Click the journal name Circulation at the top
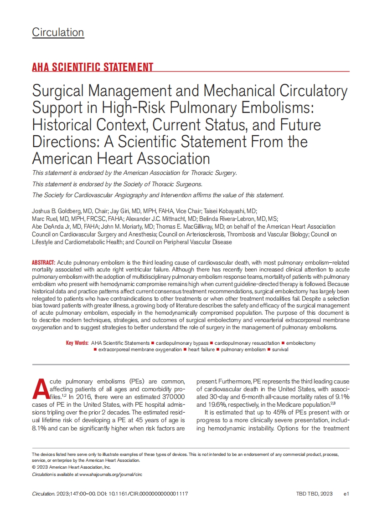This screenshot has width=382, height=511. (58, 32)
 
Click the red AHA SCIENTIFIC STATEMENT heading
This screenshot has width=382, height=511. (93, 67)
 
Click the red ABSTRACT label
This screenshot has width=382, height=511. (43, 263)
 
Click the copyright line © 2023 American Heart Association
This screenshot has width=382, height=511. (72, 467)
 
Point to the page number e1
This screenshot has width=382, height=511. (346, 494)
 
